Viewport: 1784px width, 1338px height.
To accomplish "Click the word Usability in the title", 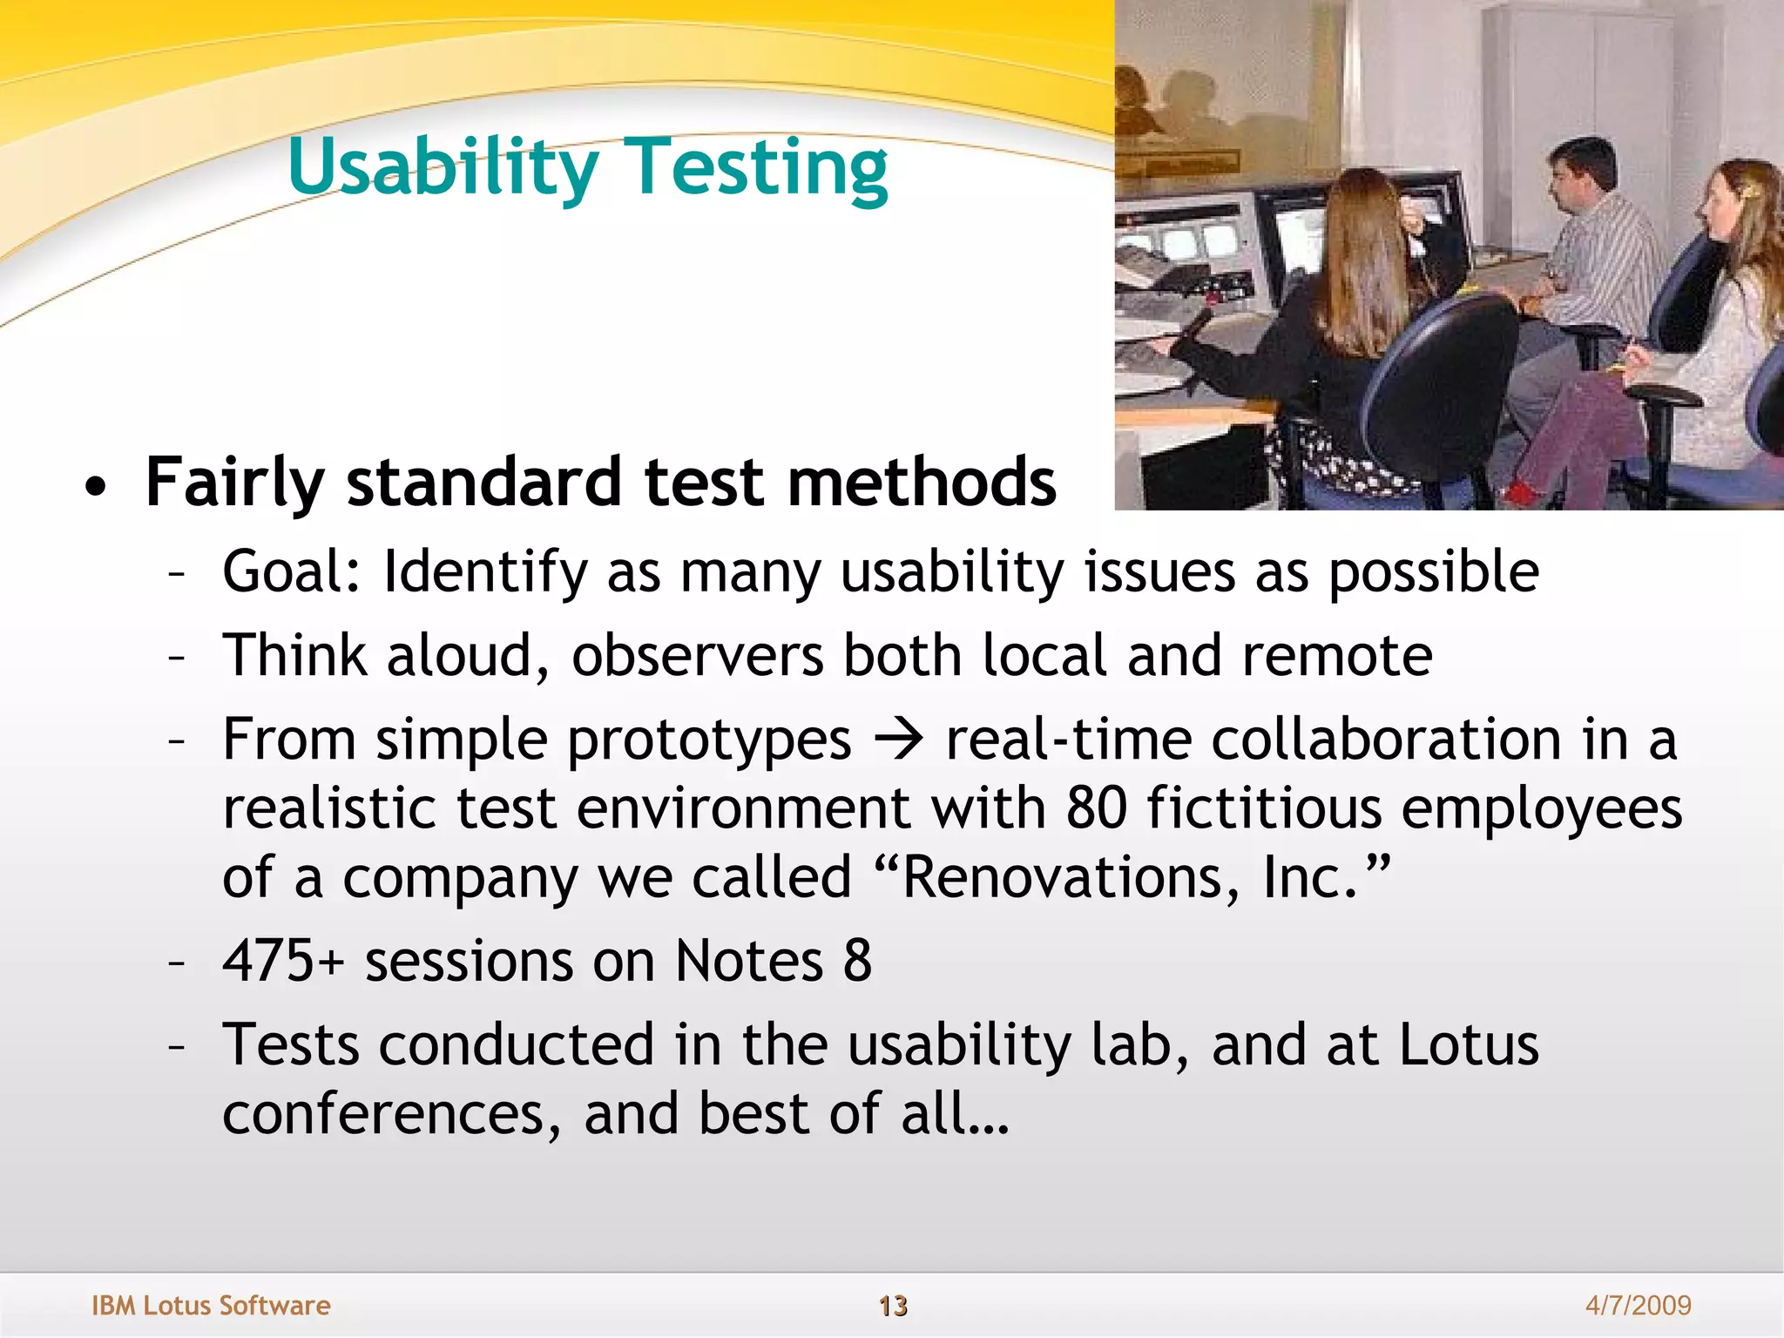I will pos(443,167).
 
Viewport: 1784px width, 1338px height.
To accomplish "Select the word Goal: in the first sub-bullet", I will pos(291,572).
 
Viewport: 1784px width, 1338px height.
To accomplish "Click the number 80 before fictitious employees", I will pos(1096,808).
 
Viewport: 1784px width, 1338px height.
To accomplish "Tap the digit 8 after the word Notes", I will pos(857,961).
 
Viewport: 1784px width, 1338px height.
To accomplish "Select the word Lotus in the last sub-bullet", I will pos(1469,1044).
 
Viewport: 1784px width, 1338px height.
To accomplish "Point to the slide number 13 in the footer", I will pos(893,1306).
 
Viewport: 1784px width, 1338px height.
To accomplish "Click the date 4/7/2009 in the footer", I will pos(1638,1305).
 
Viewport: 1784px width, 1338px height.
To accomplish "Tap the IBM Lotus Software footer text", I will pos(211,1305).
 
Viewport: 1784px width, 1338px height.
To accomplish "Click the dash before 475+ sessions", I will pos(177,963).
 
